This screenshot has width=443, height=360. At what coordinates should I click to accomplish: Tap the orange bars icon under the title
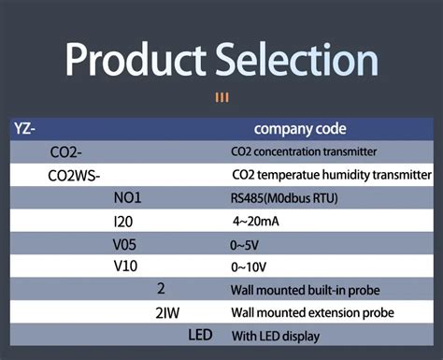click(222, 96)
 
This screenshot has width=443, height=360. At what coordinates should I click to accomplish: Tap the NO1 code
click(127, 197)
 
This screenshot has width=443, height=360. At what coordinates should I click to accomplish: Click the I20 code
click(124, 221)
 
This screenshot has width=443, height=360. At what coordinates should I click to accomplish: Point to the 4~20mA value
click(254, 222)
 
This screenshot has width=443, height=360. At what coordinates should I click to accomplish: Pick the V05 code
click(125, 244)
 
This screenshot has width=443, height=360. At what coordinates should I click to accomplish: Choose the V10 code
click(125, 266)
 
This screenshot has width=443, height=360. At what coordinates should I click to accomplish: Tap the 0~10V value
click(247, 267)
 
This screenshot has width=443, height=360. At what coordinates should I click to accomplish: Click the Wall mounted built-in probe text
click(305, 290)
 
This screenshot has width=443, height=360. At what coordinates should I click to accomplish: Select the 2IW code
click(168, 312)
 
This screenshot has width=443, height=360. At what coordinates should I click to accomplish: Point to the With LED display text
click(276, 336)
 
